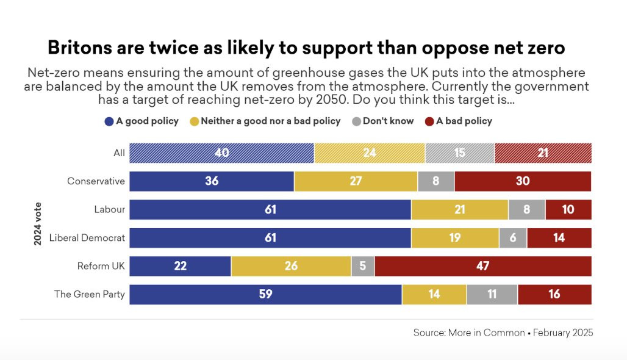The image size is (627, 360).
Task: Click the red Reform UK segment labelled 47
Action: pyautogui.click(x=482, y=266)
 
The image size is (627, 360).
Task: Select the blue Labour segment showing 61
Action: pyautogui.click(x=270, y=209)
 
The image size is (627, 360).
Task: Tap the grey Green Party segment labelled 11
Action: pyautogui.click(x=492, y=294)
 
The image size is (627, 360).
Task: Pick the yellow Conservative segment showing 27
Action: pyautogui.click(x=356, y=181)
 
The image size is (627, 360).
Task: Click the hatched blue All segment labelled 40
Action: pyautogui.click(x=222, y=153)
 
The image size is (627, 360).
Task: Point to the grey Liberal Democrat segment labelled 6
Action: pyautogui.click(x=513, y=238)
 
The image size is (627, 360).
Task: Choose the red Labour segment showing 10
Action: pyautogui.click(x=568, y=209)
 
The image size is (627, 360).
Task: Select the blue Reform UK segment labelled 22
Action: pyautogui.click(x=181, y=266)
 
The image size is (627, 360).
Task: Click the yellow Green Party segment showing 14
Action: pyautogui.click(x=434, y=294)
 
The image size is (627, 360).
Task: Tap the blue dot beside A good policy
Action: pyautogui.click(x=109, y=121)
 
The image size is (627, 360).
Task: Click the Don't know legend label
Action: pyautogui.click(x=388, y=121)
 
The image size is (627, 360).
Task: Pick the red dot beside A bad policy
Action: pyautogui.click(x=429, y=121)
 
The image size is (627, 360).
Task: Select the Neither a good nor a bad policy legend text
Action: pyautogui.click(x=270, y=121)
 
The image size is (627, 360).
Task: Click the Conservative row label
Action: pyautogui.click(x=96, y=181)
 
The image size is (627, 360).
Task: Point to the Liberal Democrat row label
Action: pyautogui.click(x=87, y=238)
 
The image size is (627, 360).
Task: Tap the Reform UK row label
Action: pyautogui.click(x=101, y=266)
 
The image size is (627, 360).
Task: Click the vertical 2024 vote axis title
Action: pyautogui.click(x=38, y=224)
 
